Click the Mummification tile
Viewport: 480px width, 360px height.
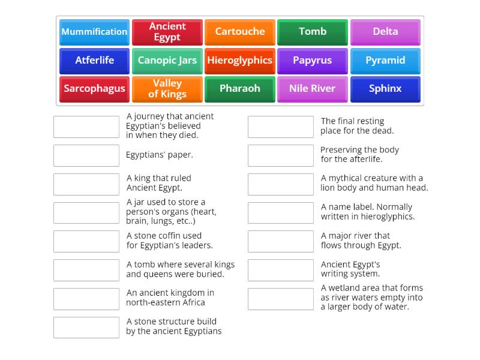(x=94, y=32)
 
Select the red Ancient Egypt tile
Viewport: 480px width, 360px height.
(x=167, y=32)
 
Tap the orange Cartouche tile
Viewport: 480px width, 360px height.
(x=240, y=32)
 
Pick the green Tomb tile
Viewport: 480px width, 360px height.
(x=313, y=32)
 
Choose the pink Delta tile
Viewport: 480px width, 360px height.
(x=385, y=32)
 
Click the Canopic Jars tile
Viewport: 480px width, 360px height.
(x=167, y=61)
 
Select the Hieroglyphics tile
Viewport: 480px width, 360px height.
(x=240, y=61)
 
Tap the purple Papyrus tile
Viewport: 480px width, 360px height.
(x=313, y=61)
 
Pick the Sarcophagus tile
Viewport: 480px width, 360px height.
(x=94, y=89)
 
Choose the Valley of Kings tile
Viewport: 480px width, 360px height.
(x=167, y=89)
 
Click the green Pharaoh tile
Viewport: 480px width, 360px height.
(x=240, y=89)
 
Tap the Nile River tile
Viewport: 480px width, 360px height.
(x=313, y=89)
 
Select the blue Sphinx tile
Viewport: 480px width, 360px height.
(x=385, y=89)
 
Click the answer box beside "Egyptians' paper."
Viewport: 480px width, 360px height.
(x=86, y=155)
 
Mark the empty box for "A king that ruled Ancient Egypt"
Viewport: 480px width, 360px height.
(x=86, y=184)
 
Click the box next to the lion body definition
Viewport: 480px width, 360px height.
(x=281, y=184)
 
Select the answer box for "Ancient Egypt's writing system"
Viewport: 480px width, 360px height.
(x=281, y=270)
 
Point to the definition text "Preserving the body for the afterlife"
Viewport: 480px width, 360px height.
(x=359, y=155)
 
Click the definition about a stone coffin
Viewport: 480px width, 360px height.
(x=169, y=241)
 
